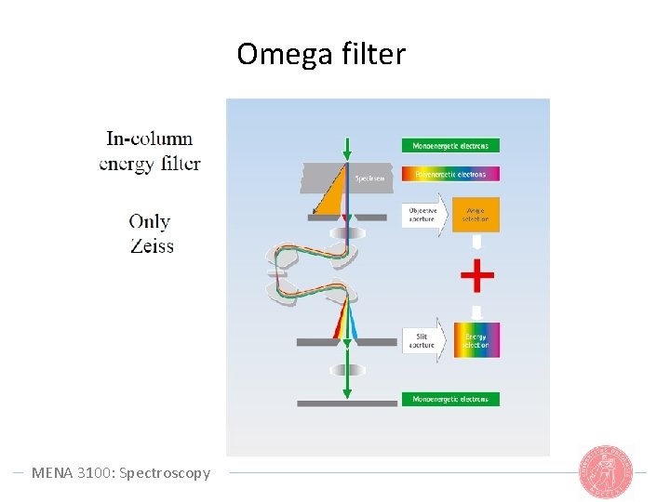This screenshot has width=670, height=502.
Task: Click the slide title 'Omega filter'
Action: tap(321, 55)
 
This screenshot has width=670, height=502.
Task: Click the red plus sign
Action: tap(477, 275)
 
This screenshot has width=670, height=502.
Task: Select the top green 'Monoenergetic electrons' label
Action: tap(450, 146)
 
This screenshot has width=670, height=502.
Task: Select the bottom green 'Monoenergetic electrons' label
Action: tap(450, 399)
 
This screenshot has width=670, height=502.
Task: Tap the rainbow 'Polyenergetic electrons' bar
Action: tap(450, 174)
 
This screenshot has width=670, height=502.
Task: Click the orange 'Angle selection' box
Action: tap(476, 215)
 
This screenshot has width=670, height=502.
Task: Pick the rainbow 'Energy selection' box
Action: tap(476, 340)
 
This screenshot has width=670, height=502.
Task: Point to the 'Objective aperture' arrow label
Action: tap(423, 215)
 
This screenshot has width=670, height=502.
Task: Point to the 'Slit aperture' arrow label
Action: tap(423, 340)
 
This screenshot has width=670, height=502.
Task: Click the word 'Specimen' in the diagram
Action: tap(369, 178)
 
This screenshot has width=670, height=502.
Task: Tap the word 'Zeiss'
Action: tap(152, 246)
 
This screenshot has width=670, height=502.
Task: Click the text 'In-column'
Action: tap(150, 139)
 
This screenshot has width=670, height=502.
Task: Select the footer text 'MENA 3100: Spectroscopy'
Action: tap(121, 472)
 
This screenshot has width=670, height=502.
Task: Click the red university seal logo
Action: tap(605, 471)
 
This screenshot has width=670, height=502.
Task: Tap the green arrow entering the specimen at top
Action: tap(347, 149)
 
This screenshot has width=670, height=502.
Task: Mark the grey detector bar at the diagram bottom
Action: tap(347, 403)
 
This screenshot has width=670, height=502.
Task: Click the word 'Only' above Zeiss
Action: tap(150, 221)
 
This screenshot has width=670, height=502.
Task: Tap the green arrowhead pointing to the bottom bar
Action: tap(347, 393)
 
